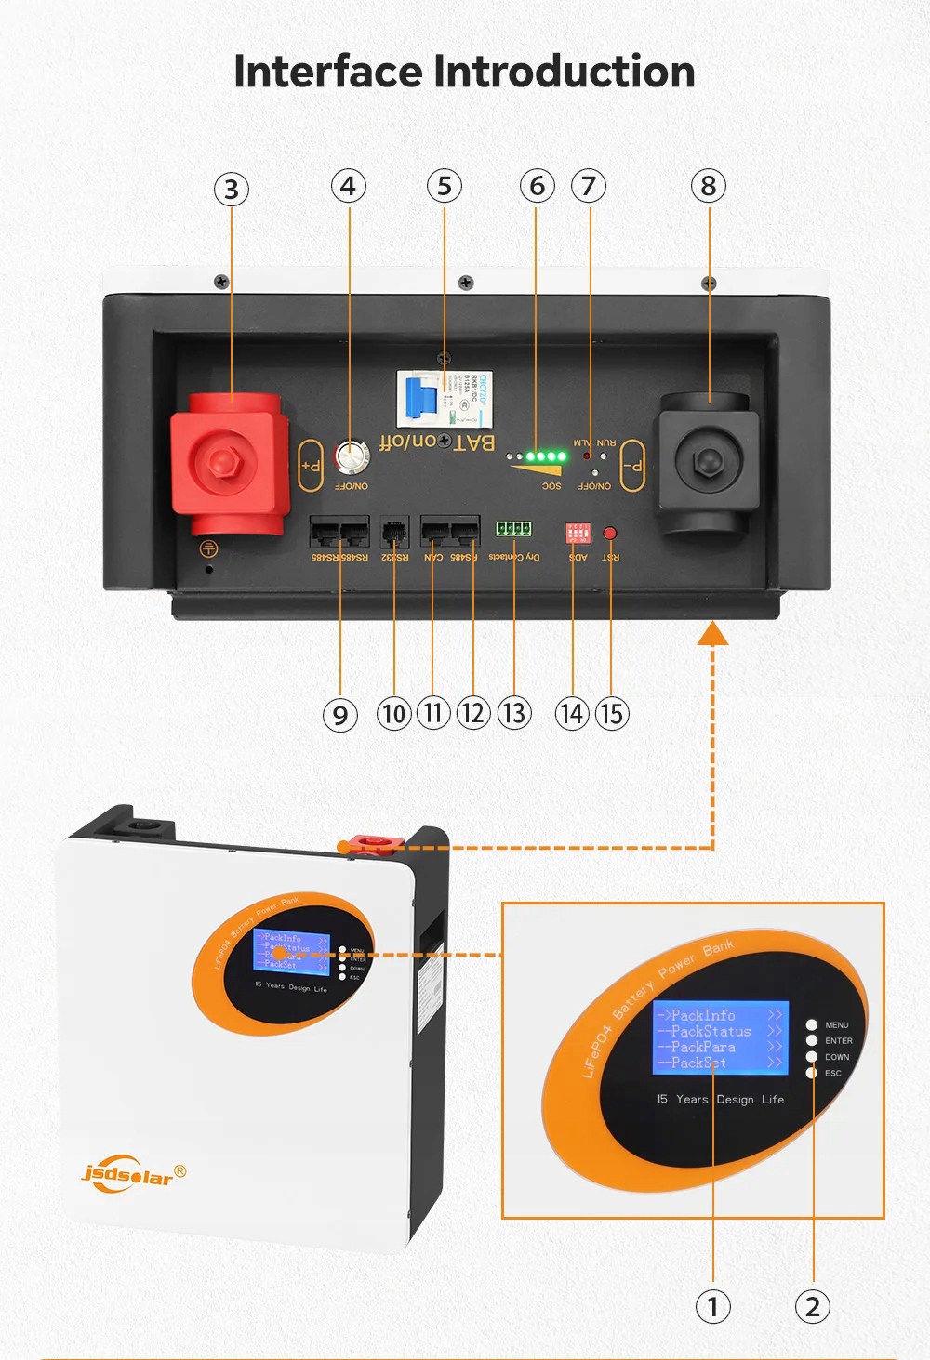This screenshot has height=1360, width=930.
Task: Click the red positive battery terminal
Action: coord(226,462)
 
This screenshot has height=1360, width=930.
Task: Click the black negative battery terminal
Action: coord(708,462)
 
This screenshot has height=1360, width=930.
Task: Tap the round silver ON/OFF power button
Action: coord(352,456)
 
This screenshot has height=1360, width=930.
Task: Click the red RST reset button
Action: coord(610,534)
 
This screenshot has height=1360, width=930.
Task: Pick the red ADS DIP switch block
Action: coord(578,533)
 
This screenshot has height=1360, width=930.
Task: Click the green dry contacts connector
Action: coord(513,529)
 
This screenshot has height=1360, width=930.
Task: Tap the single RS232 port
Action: coord(395,533)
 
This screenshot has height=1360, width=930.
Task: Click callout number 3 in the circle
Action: coord(232,190)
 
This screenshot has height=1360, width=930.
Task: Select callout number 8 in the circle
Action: coord(709,187)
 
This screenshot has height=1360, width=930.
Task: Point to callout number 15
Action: coord(611,714)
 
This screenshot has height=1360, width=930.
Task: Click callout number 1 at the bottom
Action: coord(713,1307)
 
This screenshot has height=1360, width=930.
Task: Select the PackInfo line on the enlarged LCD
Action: coord(704,1015)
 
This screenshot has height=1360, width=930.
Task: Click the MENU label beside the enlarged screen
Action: coord(837,1025)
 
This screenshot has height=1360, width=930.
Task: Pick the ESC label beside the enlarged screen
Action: coord(833,1073)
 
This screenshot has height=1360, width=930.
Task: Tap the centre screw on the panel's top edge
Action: coord(466,283)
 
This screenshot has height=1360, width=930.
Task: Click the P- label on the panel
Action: coord(632,465)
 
